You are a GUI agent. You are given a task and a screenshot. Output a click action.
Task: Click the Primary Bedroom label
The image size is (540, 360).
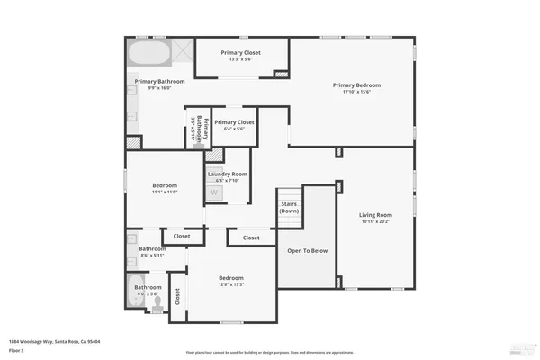[x=352, y=85]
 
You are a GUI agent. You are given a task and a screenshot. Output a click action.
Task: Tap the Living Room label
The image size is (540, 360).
[x=376, y=215]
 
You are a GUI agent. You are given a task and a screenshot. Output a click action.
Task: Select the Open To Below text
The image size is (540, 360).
[x=307, y=250]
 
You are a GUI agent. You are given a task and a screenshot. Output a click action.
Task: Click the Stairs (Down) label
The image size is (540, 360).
[x=289, y=207]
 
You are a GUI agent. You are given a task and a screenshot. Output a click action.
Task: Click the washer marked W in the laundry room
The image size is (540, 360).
[x=214, y=192]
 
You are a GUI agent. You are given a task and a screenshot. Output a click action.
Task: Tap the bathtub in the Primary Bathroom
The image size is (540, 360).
[x=147, y=53]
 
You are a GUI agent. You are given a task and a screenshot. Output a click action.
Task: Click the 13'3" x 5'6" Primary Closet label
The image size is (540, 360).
[x=240, y=53]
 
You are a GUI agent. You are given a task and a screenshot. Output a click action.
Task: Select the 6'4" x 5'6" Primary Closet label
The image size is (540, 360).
[x=234, y=122]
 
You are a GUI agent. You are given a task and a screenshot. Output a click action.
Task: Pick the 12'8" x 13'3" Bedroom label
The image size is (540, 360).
[x=231, y=279]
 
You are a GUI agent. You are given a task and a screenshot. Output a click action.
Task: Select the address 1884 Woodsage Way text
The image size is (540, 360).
[x=54, y=342]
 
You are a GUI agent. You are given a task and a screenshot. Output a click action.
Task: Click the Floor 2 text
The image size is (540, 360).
[x=16, y=350]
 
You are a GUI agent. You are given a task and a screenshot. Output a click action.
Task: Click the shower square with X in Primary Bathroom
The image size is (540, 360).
[x=181, y=51]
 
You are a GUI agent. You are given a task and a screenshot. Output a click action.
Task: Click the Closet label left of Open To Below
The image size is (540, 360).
[x=250, y=238]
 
